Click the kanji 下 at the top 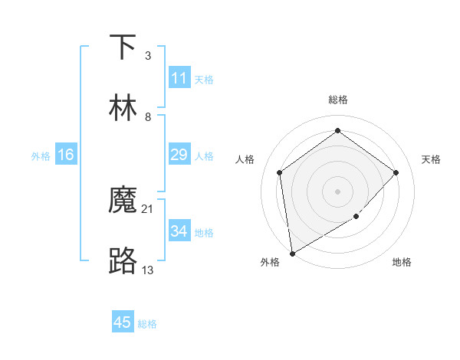click(x=123, y=47)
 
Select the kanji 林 click(x=123, y=108)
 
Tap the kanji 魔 click(x=123, y=201)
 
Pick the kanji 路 click(x=123, y=261)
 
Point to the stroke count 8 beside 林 click(x=147, y=116)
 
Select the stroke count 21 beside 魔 click(x=148, y=208)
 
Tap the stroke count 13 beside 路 click(x=148, y=270)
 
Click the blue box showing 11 click(x=179, y=78)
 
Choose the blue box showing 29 click(x=179, y=155)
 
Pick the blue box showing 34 click(x=179, y=231)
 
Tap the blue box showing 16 click(x=66, y=155)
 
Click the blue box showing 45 click(x=123, y=322)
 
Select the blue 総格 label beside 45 click(x=147, y=324)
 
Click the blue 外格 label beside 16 click(x=41, y=156)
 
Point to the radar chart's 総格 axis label click(x=338, y=100)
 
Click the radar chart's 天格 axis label click(x=432, y=159)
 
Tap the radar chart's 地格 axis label click(x=402, y=263)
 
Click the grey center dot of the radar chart click(x=337, y=190)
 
